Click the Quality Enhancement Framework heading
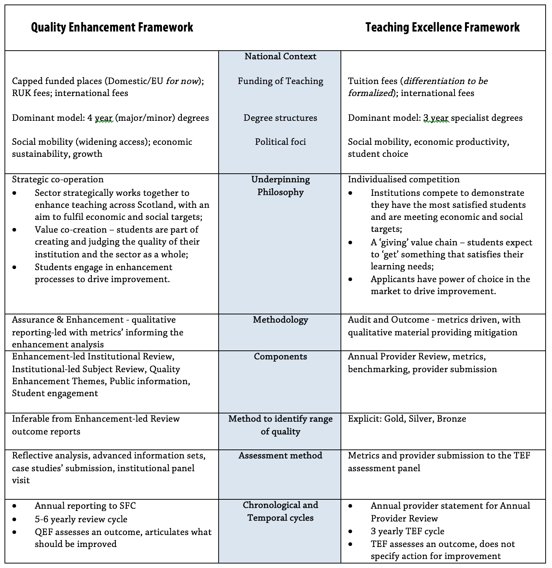pyautogui.click(x=112, y=27)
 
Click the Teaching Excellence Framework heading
pyautogui.click(x=442, y=27)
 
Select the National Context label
pyautogui.click(x=280, y=56)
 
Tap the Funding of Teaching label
pyautogui.click(x=280, y=81)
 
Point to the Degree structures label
pyautogui.click(x=280, y=118)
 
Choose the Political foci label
pyautogui.click(x=280, y=142)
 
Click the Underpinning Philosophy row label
pyautogui.click(x=280, y=186)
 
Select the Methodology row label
pyautogui.click(x=280, y=320)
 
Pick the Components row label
pyautogui.click(x=280, y=356)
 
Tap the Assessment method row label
pyautogui.click(x=280, y=455)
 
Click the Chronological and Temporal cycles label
pyautogui.click(x=280, y=511)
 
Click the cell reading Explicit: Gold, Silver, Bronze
pyautogui.click(x=407, y=419)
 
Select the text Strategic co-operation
pyautogui.click(x=58, y=179)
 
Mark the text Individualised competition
pyautogui.click(x=403, y=179)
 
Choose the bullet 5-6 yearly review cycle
pyautogui.click(x=81, y=519)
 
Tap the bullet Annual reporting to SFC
pyautogui.click(x=85, y=506)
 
